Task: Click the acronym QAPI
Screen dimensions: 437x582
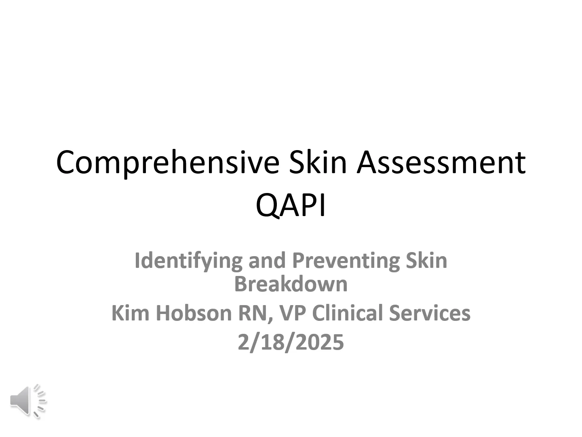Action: point(291,206)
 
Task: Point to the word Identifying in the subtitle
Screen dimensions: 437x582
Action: point(188,261)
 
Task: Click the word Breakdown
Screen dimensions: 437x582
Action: point(291,284)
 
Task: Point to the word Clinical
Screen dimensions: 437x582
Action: point(347,313)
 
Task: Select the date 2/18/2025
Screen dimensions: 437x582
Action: point(291,342)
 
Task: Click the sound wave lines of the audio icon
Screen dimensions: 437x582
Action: point(40,401)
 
